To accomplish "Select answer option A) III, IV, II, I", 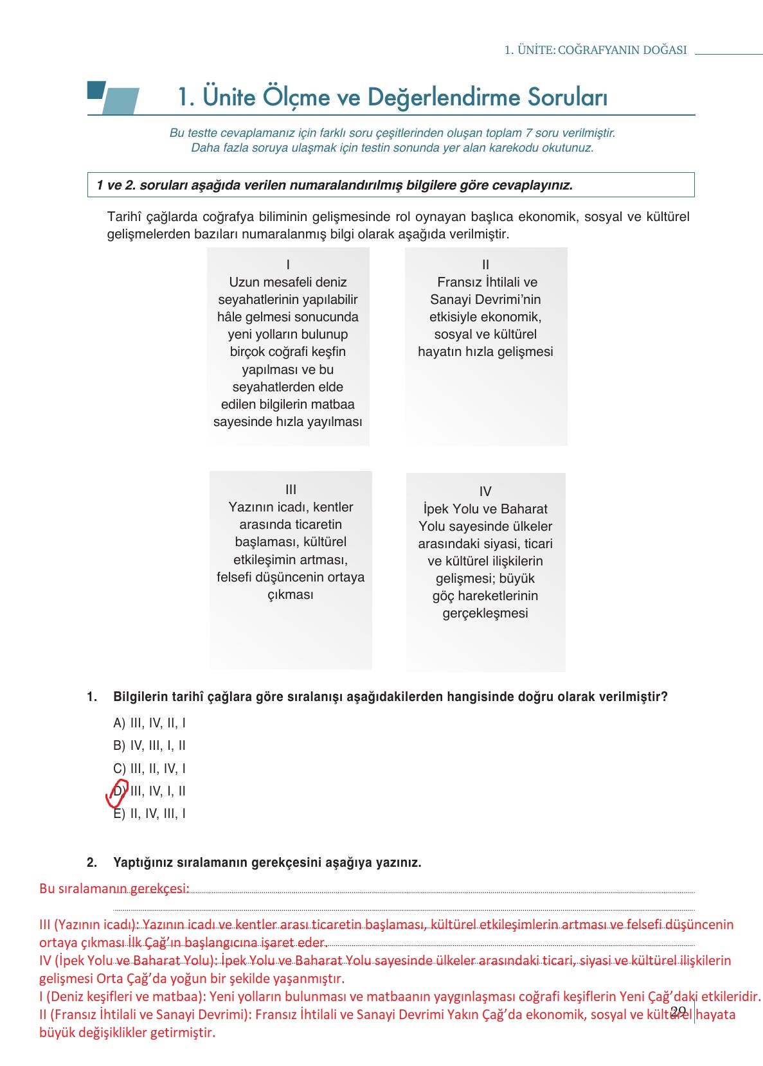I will point(149,723).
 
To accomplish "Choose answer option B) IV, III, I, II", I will point(149,745).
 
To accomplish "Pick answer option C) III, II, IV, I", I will point(149,768).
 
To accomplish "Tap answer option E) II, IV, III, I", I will point(149,813).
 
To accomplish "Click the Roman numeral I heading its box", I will point(288,265).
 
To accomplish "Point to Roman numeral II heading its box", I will point(485,265).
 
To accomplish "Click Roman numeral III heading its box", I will point(291,490).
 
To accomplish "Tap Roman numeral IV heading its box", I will point(485,492).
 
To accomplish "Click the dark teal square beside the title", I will point(96,90).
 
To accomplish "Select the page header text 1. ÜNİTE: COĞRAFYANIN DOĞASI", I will point(595,50).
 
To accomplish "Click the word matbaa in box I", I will point(336,404).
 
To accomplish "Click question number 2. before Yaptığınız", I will point(92,862).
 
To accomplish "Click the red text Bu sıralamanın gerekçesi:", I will point(114,889).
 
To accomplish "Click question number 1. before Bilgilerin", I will point(92,697).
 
